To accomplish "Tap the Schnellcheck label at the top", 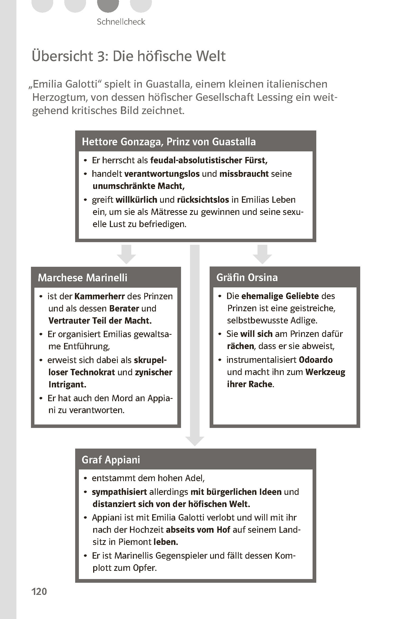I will click(x=121, y=22).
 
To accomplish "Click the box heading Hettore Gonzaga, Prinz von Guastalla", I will click(x=169, y=142).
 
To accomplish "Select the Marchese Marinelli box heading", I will click(x=83, y=278).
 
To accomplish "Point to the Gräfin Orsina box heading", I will click(x=247, y=277).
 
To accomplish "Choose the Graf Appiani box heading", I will click(x=111, y=460).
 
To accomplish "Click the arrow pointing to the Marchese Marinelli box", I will click(x=127, y=255).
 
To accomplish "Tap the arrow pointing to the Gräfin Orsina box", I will click(x=262, y=255).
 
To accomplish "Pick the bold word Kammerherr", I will click(x=100, y=296).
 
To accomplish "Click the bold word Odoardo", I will click(x=316, y=360).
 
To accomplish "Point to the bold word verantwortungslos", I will click(x=162, y=174).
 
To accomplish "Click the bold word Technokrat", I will click(x=92, y=372).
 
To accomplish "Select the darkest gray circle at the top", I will click(x=108, y=5).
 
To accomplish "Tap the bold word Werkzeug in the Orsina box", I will click(x=325, y=372).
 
